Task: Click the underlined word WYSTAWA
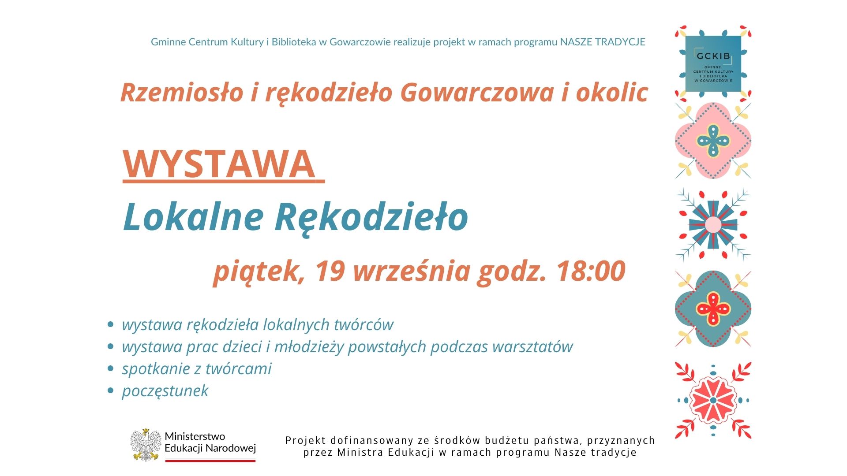(x=219, y=164)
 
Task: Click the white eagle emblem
(x=146, y=444)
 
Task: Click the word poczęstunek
(x=165, y=391)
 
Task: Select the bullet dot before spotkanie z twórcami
(x=111, y=368)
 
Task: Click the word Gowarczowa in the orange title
(x=476, y=93)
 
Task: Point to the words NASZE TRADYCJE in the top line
(x=602, y=42)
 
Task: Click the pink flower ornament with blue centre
(x=713, y=141)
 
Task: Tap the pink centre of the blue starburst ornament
(x=713, y=225)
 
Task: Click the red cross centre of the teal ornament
(x=713, y=309)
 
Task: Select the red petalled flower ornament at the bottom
(x=713, y=400)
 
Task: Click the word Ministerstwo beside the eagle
(x=195, y=436)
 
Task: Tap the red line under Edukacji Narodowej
(x=210, y=461)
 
